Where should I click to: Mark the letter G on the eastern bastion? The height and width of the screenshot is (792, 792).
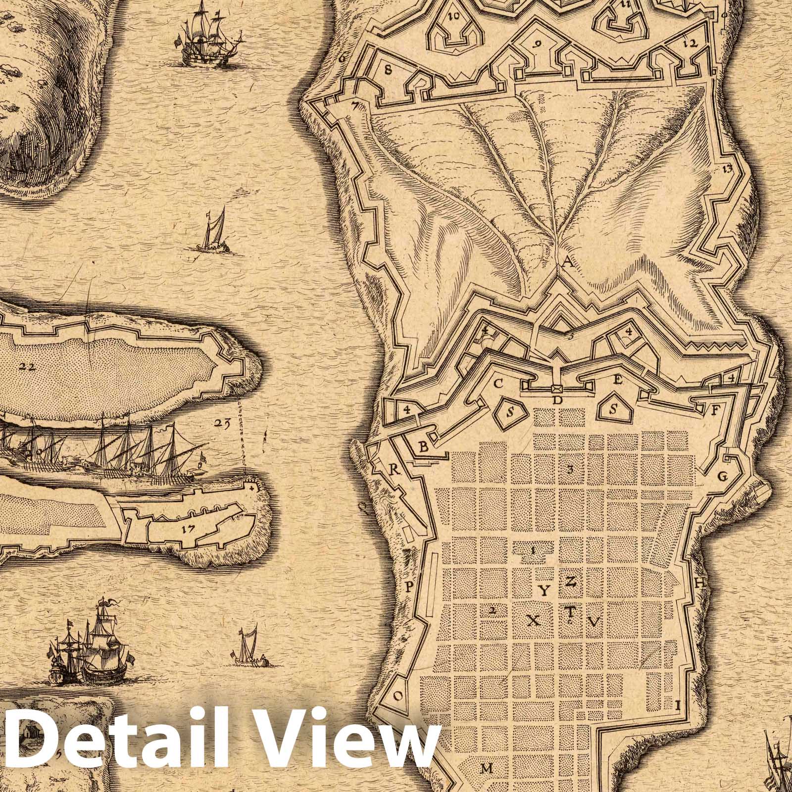[x=722, y=477]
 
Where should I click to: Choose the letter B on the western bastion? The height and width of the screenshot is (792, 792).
[x=424, y=446]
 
